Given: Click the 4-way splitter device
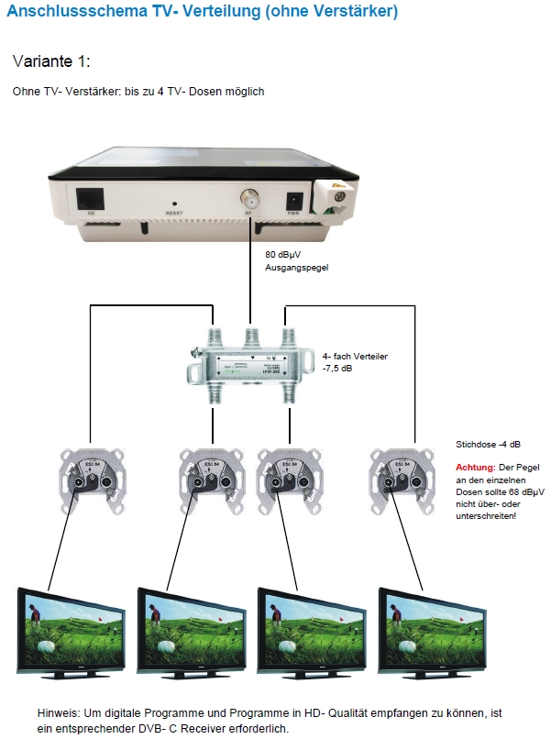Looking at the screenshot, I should pos(249,360).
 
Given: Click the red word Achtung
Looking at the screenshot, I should pos(475,467).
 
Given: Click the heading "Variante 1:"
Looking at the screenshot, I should pos(51,61).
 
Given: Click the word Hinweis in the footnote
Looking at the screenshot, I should pos(59,712).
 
